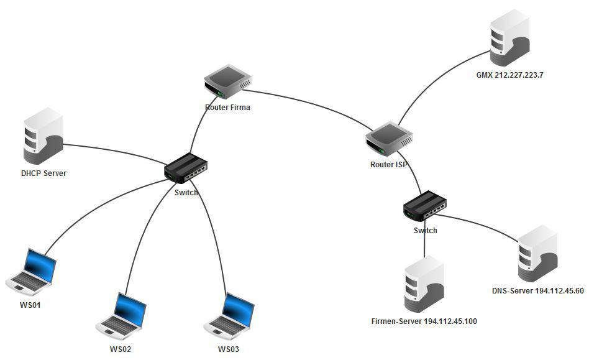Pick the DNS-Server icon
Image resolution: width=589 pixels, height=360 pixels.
pyautogui.click(x=537, y=253)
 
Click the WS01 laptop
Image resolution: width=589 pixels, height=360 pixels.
pyautogui.click(x=32, y=272)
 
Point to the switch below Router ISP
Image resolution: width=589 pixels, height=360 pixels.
pyautogui.click(x=425, y=206)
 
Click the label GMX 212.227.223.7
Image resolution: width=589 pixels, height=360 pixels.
pyautogui.click(x=509, y=75)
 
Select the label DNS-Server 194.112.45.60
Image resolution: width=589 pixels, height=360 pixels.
pyautogui.click(x=538, y=291)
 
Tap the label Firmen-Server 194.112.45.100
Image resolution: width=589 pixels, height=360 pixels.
pyautogui.click(x=424, y=321)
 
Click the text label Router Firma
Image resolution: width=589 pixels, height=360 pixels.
pyautogui.click(x=227, y=108)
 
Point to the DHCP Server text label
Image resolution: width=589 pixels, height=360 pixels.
pyautogui.click(x=43, y=173)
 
